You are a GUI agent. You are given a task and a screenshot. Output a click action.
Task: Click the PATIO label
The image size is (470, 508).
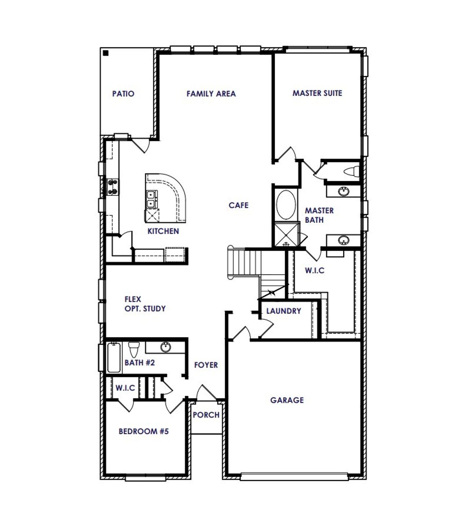click(123, 94)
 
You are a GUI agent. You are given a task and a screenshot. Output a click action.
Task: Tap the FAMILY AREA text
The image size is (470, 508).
click(211, 94)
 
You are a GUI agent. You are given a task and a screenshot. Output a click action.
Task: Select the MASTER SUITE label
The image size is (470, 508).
click(317, 93)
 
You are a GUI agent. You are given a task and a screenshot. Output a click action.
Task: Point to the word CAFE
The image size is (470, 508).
click(238, 205)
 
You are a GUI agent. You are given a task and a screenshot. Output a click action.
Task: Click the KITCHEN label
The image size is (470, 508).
click(163, 231)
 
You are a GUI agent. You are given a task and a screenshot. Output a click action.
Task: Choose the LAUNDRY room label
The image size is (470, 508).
click(283, 311)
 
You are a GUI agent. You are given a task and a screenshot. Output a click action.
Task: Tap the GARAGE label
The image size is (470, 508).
click(287, 400)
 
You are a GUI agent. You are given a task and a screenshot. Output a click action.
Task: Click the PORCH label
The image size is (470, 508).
click(206, 415)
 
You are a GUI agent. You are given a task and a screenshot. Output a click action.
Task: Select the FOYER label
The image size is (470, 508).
click(206, 365)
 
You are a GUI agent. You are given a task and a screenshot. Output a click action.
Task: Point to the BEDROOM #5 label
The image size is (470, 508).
click(144, 431)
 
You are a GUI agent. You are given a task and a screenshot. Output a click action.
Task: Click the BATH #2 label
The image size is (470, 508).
click(140, 363)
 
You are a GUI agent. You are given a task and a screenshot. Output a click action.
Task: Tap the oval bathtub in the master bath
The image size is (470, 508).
click(286, 205)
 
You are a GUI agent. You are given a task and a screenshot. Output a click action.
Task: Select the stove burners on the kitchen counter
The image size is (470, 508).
click(112, 187)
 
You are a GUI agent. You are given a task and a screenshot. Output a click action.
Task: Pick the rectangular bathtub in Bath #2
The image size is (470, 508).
click(113, 357)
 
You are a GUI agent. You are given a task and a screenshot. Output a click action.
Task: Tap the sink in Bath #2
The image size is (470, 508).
click(166, 347)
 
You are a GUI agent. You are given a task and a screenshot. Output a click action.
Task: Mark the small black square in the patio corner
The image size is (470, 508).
click(106, 53)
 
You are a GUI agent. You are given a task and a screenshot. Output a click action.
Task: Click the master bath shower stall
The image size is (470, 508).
click(285, 235)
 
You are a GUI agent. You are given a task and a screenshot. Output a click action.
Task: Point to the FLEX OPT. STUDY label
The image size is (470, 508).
click(145, 304)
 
